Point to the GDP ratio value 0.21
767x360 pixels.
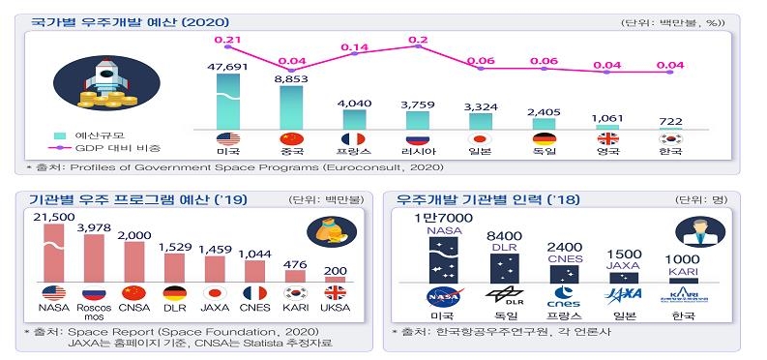pyautogui.click(x=227, y=40)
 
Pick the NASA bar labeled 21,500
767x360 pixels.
pyautogui.click(x=54, y=252)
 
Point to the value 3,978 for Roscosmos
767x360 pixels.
pyautogui.click(x=95, y=227)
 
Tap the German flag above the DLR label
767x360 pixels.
pyautogui.click(x=174, y=292)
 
